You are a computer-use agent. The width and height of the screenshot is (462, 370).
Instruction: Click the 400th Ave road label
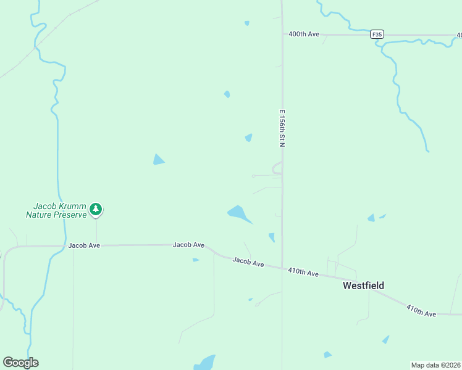[x=304, y=34]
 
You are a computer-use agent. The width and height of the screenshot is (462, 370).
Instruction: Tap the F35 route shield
[x=377, y=35]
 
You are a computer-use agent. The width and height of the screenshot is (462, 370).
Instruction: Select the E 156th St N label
[x=282, y=128]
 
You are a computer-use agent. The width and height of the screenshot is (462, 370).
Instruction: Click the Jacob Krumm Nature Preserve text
[x=56, y=210]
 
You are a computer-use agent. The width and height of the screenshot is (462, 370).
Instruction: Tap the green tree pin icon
[x=96, y=209]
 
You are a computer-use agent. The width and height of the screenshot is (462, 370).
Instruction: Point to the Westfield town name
[x=364, y=286]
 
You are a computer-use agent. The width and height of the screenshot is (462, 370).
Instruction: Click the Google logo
[x=20, y=362]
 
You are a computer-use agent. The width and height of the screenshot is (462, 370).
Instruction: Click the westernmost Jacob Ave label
[x=84, y=245]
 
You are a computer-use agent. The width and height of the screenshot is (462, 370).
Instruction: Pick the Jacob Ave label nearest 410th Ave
[x=248, y=263]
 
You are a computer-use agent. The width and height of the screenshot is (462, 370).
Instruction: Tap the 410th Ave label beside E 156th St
[x=303, y=273]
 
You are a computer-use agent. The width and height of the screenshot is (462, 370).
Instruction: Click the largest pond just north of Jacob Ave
[x=239, y=214]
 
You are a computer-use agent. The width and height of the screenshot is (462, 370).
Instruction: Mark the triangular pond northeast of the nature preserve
[x=159, y=160]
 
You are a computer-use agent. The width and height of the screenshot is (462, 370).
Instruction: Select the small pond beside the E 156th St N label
[x=248, y=138]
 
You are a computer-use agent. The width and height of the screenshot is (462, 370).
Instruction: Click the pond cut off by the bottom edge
[x=204, y=362]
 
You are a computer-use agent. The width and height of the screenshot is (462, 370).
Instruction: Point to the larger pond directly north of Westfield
[x=371, y=218]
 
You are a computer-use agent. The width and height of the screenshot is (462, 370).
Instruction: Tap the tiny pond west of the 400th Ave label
[x=246, y=23]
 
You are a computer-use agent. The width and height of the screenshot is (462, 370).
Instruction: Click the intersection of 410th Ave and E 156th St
[x=283, y=268]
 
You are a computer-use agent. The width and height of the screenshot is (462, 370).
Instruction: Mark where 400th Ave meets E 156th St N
[x=282, y=35]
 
